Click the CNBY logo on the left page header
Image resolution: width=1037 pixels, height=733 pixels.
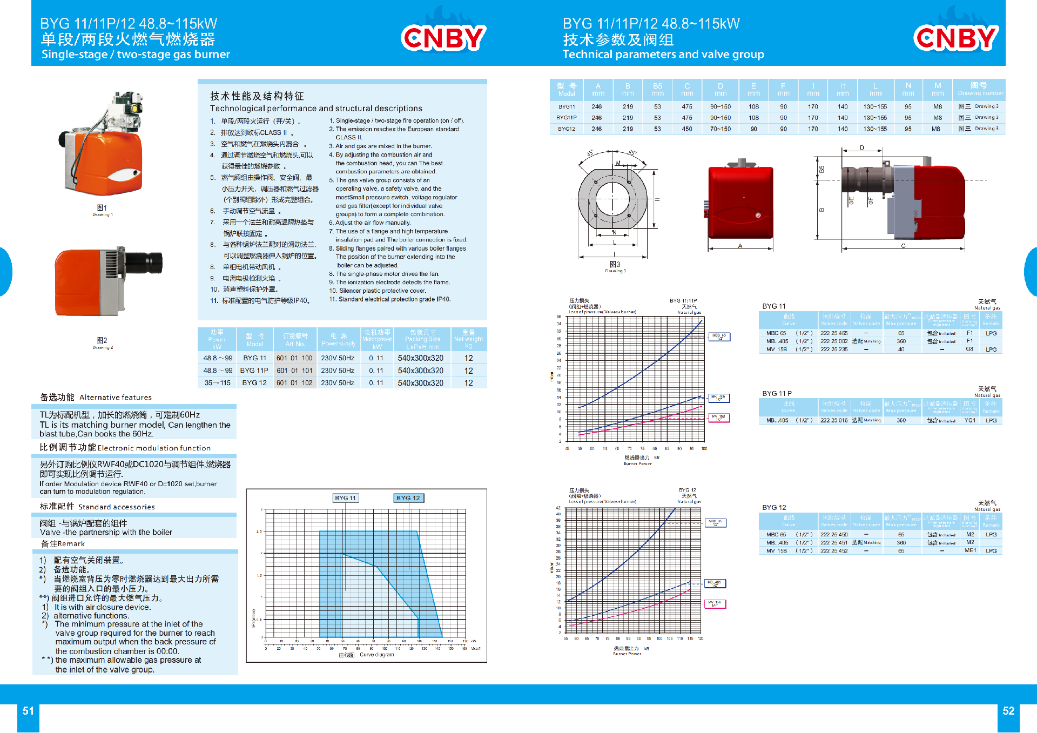click(x=443, y=37)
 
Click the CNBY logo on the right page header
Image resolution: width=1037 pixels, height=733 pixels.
click(x=956, y=37)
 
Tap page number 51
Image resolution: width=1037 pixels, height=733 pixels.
click(x=28, y=711)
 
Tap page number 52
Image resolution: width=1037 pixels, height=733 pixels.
click(x=1008, y=711)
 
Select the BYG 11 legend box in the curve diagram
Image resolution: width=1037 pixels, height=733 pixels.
click(x=346, y=498)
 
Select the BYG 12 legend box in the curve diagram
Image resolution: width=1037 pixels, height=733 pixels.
click(x=408, y=498)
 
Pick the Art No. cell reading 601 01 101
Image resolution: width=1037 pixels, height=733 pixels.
click(x=294, y=371)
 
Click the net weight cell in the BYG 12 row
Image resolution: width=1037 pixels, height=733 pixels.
click(x=468, y=383)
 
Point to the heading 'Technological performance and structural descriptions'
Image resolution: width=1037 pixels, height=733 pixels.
click(x=316, y=109)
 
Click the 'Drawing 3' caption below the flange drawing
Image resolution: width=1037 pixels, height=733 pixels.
click(x=615, y=271)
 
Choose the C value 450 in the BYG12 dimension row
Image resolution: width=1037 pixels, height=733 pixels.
click(x=687, y=129)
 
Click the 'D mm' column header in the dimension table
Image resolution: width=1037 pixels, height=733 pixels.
click(x=720, y=89)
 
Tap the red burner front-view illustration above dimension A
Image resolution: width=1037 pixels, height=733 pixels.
click(x=740, y=201)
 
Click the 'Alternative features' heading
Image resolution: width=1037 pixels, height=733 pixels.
click(x=115, y=398)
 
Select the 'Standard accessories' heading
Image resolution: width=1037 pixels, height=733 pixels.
click(x=116, y=507)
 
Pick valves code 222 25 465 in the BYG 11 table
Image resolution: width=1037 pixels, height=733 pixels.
click(x=834, y=333)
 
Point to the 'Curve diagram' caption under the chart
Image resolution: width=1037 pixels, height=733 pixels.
click(x=376, y=655)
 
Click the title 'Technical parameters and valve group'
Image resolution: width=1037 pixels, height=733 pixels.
click(x=663, y=54)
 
